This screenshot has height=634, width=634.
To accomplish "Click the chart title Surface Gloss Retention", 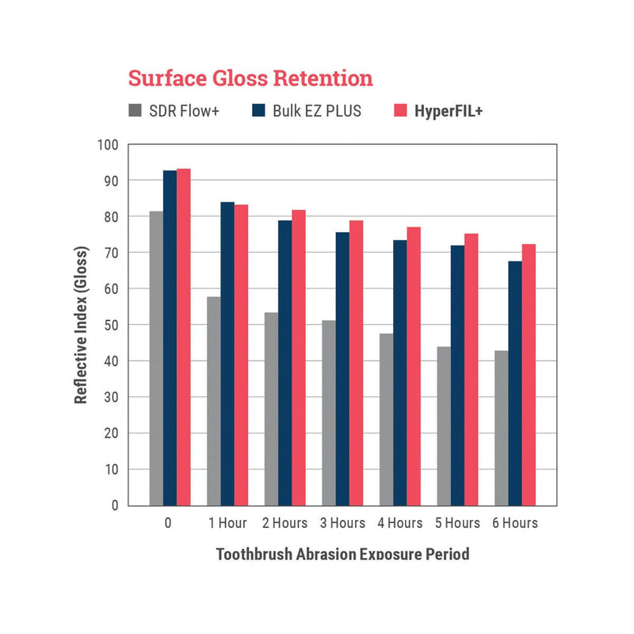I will click(250, 78).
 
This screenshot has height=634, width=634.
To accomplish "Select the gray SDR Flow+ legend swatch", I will click(136, 111).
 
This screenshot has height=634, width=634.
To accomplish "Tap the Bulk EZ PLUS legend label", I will click(315, 111).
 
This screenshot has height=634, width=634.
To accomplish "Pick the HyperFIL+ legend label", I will click(448, 111).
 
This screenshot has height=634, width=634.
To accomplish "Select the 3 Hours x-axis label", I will click(343, 523).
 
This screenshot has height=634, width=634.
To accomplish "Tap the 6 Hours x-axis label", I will click(515, 523).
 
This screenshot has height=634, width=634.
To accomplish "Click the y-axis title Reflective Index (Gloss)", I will click(81, 325).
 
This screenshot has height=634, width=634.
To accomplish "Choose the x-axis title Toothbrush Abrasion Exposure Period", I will click(342, 553).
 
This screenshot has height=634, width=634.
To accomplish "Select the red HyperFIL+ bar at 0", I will click(184, 337).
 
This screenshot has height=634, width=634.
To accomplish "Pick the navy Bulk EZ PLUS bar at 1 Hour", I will click(227, 353).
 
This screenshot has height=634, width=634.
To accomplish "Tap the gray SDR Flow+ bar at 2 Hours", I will click(271, 408).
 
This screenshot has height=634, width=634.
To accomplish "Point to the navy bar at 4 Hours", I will click(400, 372).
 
